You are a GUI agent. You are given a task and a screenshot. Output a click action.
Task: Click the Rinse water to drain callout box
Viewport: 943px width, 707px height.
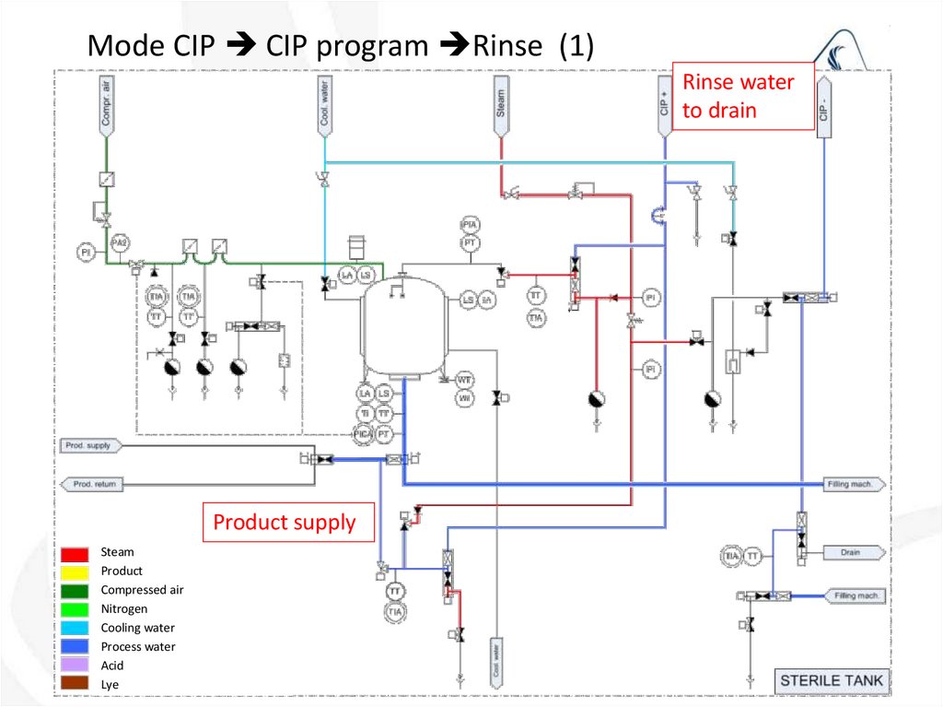point(744,96)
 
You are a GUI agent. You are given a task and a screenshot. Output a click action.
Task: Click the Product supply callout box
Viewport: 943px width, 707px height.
point(288,523)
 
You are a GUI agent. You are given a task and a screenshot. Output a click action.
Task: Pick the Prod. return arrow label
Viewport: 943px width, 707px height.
point(92,484)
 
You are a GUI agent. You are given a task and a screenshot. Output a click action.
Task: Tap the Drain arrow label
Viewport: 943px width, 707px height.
point(850,553)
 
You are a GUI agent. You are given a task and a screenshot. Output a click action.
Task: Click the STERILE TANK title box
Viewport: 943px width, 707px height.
point(831,681)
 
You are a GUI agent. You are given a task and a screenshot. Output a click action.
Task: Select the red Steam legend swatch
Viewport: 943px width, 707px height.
point(76,553)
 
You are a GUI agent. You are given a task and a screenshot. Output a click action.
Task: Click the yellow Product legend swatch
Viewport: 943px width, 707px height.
point(76,571)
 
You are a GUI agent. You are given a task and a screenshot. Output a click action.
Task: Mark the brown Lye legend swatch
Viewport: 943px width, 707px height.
point(76,684)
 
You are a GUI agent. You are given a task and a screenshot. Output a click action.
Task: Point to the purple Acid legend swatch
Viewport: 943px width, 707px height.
point(76,666)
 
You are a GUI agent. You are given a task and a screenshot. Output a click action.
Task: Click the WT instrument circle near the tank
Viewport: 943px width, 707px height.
point(465,380)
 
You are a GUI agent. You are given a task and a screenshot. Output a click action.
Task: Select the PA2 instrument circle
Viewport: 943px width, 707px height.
point(119,242)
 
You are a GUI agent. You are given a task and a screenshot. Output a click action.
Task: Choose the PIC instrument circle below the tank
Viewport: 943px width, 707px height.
point(364,432)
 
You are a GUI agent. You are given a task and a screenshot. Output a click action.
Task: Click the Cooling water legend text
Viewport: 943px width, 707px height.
point(137,628)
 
